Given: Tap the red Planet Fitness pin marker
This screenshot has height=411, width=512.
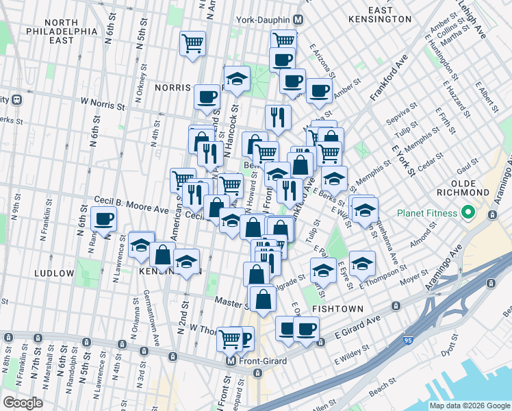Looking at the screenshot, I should [x=469, y=212].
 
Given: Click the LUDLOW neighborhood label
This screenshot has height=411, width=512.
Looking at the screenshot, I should [x=53, y=273].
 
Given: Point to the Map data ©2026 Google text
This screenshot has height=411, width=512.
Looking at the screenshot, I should [x=470, y=406].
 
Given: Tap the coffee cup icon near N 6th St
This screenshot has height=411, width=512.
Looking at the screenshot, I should [x=104, y=219].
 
